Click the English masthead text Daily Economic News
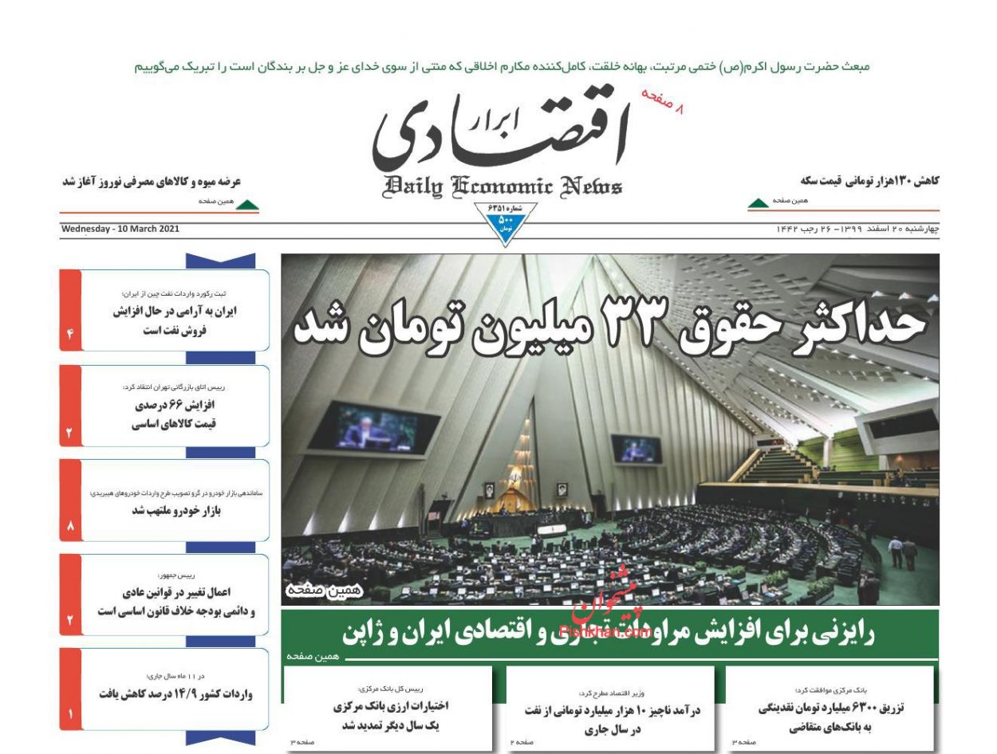tap(503, 187)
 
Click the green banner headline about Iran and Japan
tap(609, 634)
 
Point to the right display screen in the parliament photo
tap(636, 450)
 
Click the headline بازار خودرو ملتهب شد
tap(176, 511)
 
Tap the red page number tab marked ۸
tap(70, 526)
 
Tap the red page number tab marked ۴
tap(70, 334)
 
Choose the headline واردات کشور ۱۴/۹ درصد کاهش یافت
tap(176, 693)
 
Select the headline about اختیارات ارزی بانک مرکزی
tap(390, 715)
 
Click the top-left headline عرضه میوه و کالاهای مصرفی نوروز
tap(152, 182)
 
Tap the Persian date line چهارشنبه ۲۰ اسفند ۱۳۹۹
tap(857, 230)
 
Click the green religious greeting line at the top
tap(502, 67)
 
